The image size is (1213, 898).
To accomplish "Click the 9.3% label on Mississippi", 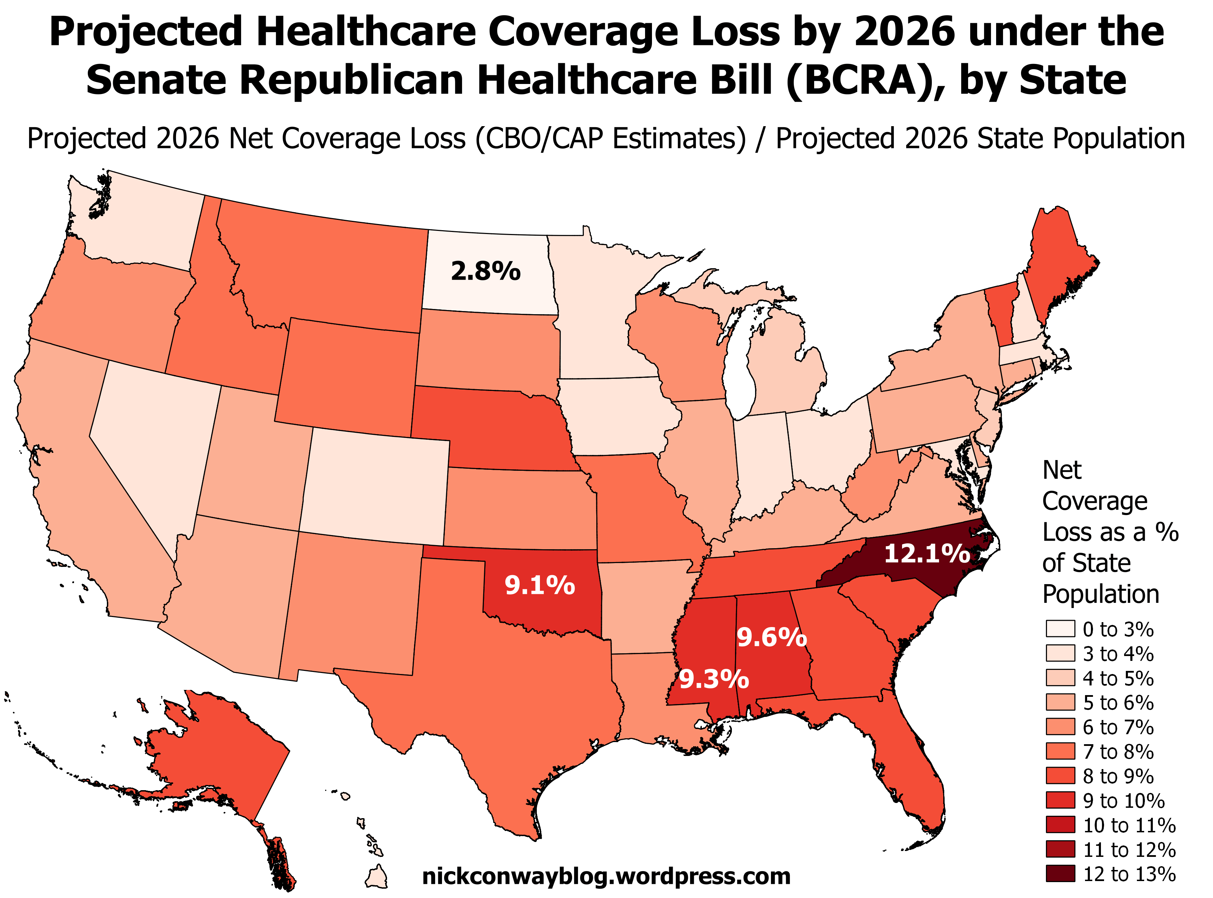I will click(714, 680).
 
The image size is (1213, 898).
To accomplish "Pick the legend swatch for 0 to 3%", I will click(1060, 629).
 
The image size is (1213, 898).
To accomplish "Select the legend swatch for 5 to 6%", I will click(1060, 702).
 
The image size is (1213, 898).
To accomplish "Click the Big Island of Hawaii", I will click(377, 876).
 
